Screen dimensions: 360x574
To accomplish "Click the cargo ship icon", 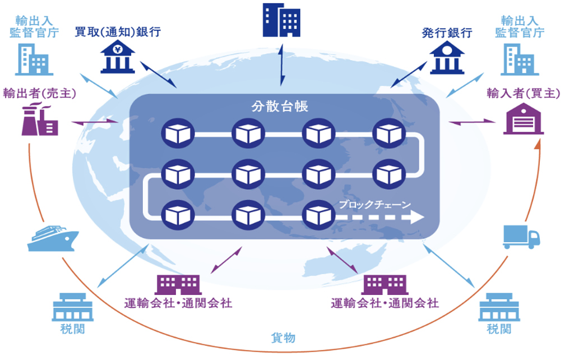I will coord(52,239).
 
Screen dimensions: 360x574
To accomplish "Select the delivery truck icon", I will coord(521,237).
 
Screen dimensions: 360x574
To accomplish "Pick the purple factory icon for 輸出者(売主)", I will coord(40,119).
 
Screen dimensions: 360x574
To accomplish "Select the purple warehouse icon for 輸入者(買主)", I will coord(523,119).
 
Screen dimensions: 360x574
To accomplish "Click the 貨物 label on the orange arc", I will coord(283,338).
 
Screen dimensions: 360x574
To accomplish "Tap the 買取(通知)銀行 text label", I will coord(118,32).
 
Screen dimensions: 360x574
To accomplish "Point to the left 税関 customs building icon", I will coord(72,307).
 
